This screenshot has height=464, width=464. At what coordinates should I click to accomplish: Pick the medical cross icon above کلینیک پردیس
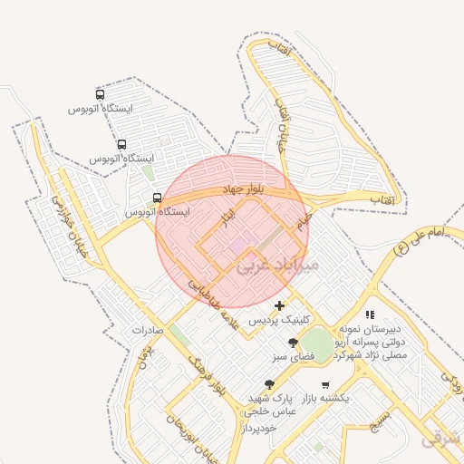pyautogui.click(x=279, y=305)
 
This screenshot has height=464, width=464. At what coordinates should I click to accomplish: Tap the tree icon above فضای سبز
pyautogui.click(x=293, y=343)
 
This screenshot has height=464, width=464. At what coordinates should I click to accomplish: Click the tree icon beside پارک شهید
pyautogui.click(x=269, y=384)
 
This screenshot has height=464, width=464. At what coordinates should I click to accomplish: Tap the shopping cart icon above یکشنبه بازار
pyautogui.click(x=325, y=384)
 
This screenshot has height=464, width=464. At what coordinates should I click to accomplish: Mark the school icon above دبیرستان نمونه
pyautogui.click(x=372, y=314)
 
